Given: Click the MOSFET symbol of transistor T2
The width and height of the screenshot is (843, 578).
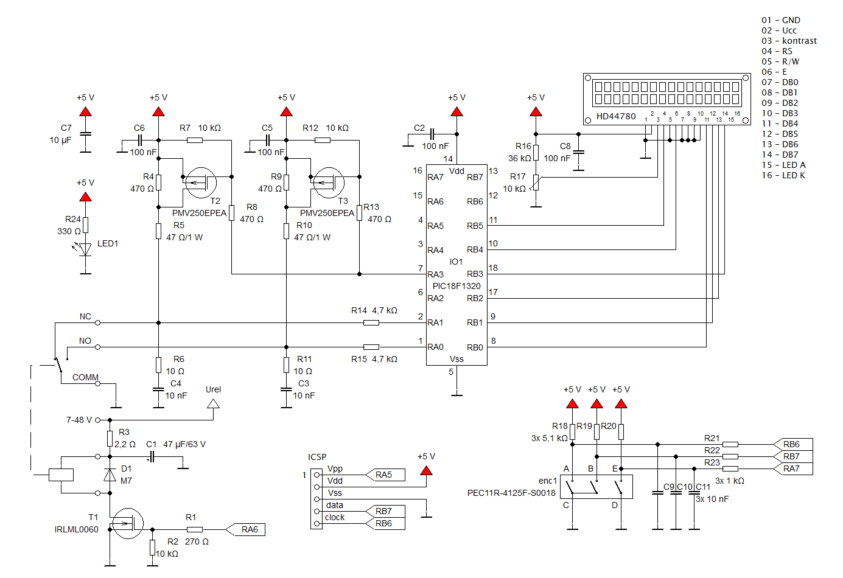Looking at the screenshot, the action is click(x=201, y=183).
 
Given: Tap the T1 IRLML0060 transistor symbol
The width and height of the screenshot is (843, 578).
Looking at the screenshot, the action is click(x=128, y=523).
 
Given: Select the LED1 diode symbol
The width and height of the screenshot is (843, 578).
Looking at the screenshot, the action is click(x=85, y=249).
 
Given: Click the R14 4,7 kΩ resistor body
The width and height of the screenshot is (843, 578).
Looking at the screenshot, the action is click(x=371, y=323).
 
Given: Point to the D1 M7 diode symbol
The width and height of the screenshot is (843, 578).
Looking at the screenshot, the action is click(x=110, y=475).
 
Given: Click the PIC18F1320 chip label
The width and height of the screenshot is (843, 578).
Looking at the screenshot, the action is click(x=456, y=286).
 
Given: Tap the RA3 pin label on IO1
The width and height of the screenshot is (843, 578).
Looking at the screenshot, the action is click(x=435, y=274).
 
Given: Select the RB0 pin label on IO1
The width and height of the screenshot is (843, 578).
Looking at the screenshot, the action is click(x=475, y=347).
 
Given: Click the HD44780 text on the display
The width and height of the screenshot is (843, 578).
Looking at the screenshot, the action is click(x=616, y=116).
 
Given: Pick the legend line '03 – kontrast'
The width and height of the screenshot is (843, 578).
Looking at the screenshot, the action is click(x=789, y=41).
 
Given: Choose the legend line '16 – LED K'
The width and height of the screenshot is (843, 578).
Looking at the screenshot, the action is click(x=783, y=175).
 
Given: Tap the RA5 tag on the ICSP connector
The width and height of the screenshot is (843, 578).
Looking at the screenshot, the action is click(x=385, y=475).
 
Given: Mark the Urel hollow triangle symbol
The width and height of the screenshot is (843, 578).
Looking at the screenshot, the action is click(x=214, y=404).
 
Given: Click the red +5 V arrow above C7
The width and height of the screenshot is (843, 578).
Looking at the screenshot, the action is click(x=85, y=111).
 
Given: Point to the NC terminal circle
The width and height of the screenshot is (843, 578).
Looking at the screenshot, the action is click(x=98, y=323).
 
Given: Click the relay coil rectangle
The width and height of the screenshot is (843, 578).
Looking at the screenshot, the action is click(x=61, y=475).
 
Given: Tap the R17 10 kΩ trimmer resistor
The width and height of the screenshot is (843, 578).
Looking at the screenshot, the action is click(x=536, y=183).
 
